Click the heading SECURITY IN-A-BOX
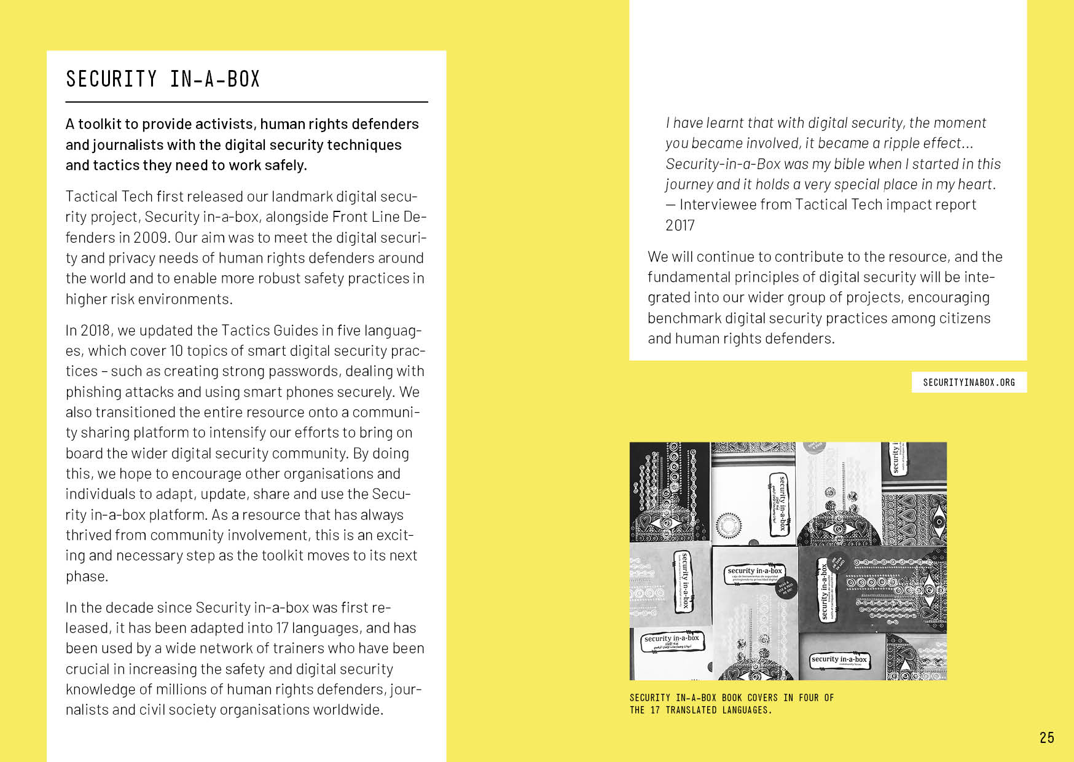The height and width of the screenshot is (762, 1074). click(x=163, y=79)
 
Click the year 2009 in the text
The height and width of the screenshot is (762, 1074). click(x=151, y=237)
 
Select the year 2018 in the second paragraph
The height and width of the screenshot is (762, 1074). click(x=96, y=330)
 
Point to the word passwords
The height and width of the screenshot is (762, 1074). click(x=304, y=371)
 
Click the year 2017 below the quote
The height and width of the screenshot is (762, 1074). click(x=680, y=226)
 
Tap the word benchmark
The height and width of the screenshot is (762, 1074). click(x=684, y=318)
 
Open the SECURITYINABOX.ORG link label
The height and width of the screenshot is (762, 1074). click(x=969, y=382)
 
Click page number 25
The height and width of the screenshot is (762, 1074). click(x=1047, y=737)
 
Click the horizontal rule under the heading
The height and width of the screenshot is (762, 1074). click(x=246, y=102)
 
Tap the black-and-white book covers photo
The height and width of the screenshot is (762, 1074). click(x=788, y=560)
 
